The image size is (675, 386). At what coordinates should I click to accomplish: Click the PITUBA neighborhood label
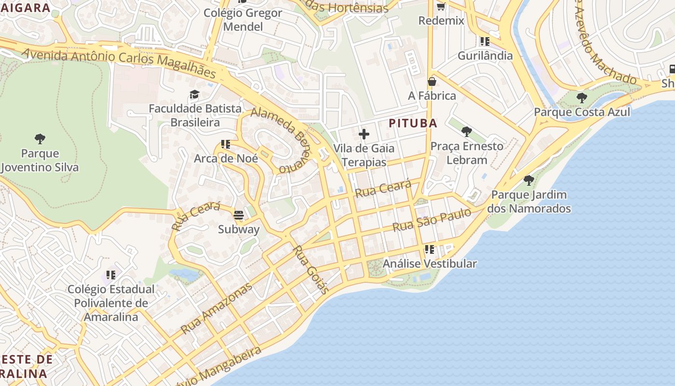pos(413,123)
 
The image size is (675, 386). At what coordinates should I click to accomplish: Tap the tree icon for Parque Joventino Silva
pos(40,139)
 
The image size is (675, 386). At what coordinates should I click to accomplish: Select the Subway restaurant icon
pos(239,215)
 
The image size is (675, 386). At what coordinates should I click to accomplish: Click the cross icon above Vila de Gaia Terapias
pos(364,134)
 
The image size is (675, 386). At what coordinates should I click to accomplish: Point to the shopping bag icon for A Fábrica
pos(432,82)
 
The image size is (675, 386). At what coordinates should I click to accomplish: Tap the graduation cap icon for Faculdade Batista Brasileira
pos(194,94)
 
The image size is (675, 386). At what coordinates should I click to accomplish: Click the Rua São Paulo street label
pos(431,220)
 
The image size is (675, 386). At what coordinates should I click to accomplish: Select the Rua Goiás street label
pos(311,270)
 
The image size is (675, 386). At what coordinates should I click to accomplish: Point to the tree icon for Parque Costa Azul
pos(582,98)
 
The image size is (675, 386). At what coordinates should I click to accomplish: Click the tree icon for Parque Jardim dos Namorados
pos(529,180)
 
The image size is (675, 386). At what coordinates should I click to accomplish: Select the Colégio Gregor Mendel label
pos(243,20)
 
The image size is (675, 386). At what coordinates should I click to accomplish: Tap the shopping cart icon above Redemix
pos(441,7)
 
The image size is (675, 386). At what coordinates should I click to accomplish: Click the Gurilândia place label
pos(485,55)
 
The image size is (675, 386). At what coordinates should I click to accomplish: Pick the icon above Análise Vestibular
pos(429,249)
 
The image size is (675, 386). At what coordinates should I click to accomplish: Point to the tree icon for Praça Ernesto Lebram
pos(466,131)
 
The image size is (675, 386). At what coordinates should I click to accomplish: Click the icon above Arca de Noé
pos(225,144)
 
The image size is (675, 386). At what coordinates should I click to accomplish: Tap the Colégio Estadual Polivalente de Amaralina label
pos(111,303)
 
